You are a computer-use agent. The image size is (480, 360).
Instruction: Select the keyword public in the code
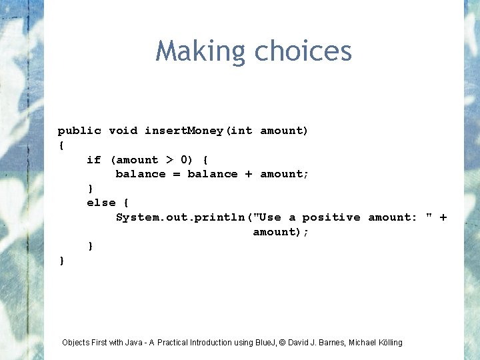pyautogui.click(x=79, y=131)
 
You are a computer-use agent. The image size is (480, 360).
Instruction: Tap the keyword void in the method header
pyautogui.click(x=123, y=131)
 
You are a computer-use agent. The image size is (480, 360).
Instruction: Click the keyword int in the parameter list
pyautogui.click(x=242, y=131)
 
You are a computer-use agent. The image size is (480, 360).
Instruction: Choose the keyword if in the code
pyautogui.click(x=94, y=160)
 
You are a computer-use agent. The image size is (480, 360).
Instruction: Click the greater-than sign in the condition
pyautogui.click(x=169, y=160)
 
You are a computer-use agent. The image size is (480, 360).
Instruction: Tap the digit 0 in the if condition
pyautogui.click(x=184, y=160)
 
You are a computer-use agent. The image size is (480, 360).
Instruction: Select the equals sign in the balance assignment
pyautogui.click(x=177, y=174)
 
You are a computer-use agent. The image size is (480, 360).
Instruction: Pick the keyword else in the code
pyautogui.click(x=101, y=203)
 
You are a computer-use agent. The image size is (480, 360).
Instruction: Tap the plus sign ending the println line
pyautogui.click(x=443, y=217)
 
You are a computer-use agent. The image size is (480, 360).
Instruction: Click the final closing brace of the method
pyautogui.click(x=62, y=261)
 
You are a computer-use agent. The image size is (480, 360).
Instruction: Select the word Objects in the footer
pyautogui.click(x=76, y=343)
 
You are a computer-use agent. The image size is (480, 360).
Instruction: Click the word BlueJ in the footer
pyautogui.click(x=263, y=343)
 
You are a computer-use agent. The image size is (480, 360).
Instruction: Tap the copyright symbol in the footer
pyautogui.click(x=282, y=343)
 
